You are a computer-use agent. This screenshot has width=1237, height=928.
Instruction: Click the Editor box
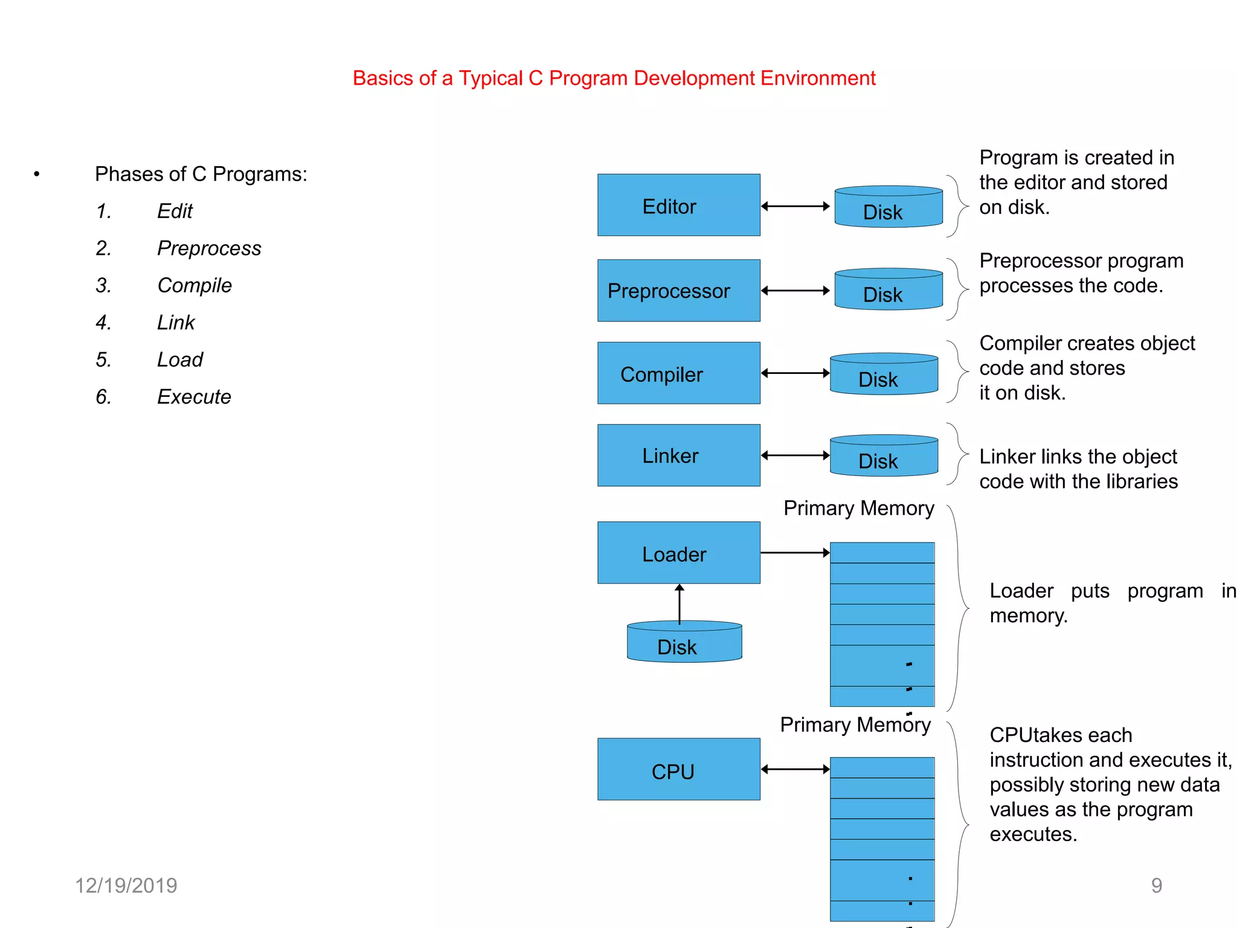(678, 205)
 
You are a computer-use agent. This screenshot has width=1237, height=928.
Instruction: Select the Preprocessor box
(678, 291)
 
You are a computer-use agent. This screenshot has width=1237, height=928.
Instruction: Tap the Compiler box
(678, 373)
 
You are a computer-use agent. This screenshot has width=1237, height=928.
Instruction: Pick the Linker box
(678, 456)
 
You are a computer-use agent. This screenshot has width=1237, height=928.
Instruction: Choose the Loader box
(678, 553)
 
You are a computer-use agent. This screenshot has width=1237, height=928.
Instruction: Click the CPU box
(678, 769)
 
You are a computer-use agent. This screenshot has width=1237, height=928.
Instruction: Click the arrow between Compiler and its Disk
(795, 373)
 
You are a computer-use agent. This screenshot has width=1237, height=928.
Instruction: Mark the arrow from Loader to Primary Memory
(795, 553)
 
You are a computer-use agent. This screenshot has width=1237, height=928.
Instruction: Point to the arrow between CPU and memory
(795, 769)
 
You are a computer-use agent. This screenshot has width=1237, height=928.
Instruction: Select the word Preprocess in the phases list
(209, 248)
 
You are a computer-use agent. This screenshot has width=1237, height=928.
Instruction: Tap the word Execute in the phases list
(194, 397)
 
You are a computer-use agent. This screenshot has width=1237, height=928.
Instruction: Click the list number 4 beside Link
(103, 323)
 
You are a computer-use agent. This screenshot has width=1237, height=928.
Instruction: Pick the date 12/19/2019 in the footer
(126, 886)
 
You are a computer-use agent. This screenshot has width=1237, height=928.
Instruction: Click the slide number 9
(1156, 886)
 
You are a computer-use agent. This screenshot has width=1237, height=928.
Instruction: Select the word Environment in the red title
(818, 78)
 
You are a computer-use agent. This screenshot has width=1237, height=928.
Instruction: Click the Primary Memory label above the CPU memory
(855, 724)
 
